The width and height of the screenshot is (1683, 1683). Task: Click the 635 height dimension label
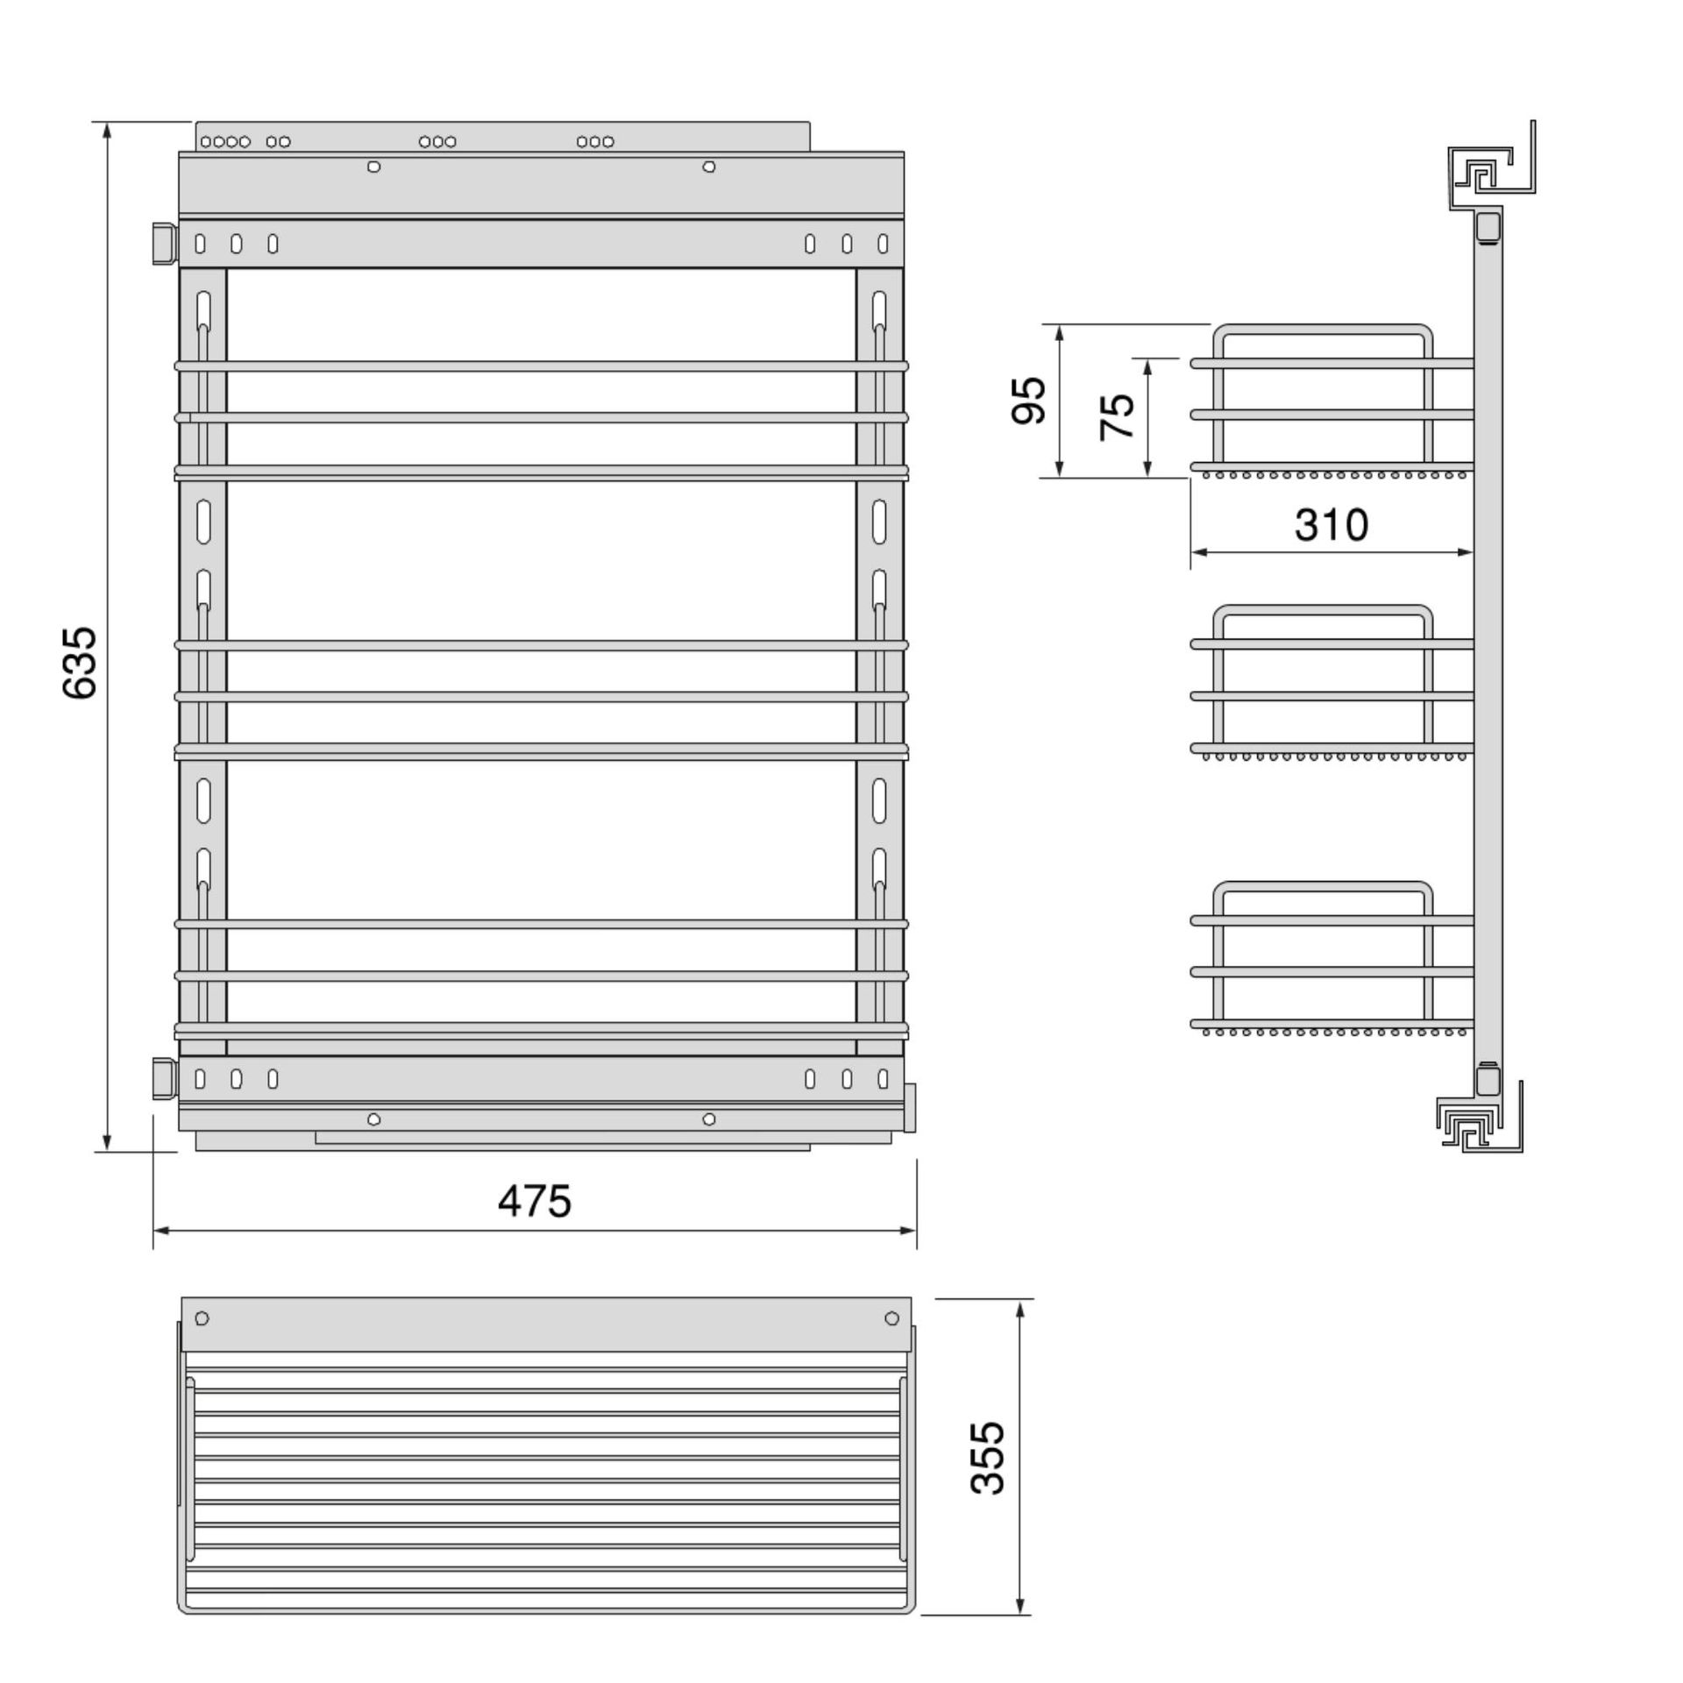[x=80, y=662]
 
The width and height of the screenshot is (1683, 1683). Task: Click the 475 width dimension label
[x=534, y=1201]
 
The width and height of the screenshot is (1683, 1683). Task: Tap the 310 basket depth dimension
[x=1331, y=525]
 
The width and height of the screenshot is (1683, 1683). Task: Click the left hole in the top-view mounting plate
[x=202, y=1318]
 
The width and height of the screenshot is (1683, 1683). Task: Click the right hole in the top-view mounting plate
[x=891, y=1318]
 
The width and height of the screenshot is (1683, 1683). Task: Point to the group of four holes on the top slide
[x=225, y=141]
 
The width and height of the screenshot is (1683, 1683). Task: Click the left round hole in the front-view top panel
[x=374, y=167]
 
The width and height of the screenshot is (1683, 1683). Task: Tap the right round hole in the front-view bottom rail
[x=709, y=1119]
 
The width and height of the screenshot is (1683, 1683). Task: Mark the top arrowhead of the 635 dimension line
[x=107, y=131]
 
